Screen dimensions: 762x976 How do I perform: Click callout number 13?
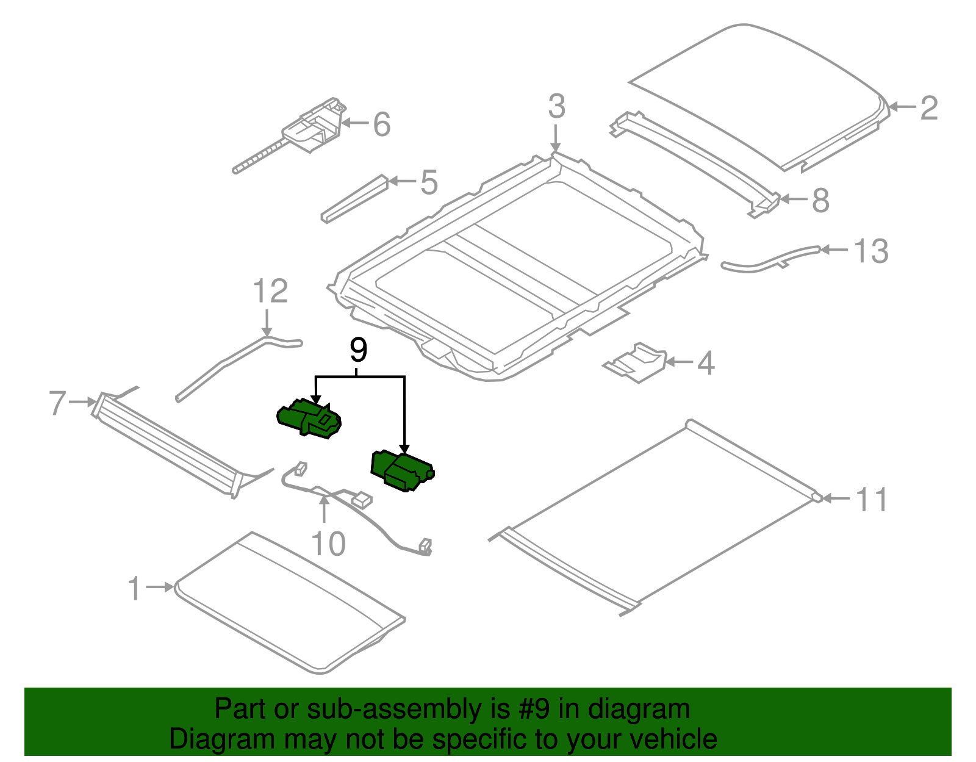point(870,251)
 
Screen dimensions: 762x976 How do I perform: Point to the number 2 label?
point(928,108)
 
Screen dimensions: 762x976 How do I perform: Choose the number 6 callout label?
point(381,124)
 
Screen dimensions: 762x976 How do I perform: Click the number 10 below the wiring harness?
point(328,544)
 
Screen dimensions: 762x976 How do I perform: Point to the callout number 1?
point(135,589)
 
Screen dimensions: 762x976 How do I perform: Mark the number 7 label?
point(57,403)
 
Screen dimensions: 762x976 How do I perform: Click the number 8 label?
point(820,200)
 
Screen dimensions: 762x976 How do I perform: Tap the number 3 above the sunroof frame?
point(556,107)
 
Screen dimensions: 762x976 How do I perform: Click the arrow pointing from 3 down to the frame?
point(555,138)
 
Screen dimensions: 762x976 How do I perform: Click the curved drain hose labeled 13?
point(769,260)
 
